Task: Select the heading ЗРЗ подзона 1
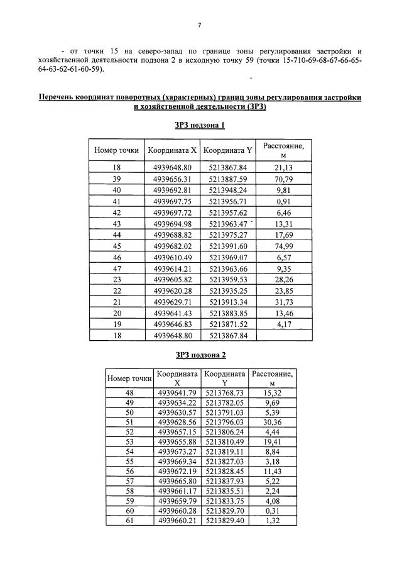pos(199,125)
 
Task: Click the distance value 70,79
pos(283,179)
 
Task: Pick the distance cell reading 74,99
pos(283,246)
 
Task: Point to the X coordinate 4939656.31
pos(171,179)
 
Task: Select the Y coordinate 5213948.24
pos(228,190)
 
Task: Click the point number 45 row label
pos(116,246)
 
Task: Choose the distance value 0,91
pos(283,201)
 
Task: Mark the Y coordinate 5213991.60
pos(228,246)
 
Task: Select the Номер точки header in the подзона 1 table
pos(116,150)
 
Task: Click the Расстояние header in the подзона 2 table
pos(272,377)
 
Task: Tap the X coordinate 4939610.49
pos(171,257)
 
